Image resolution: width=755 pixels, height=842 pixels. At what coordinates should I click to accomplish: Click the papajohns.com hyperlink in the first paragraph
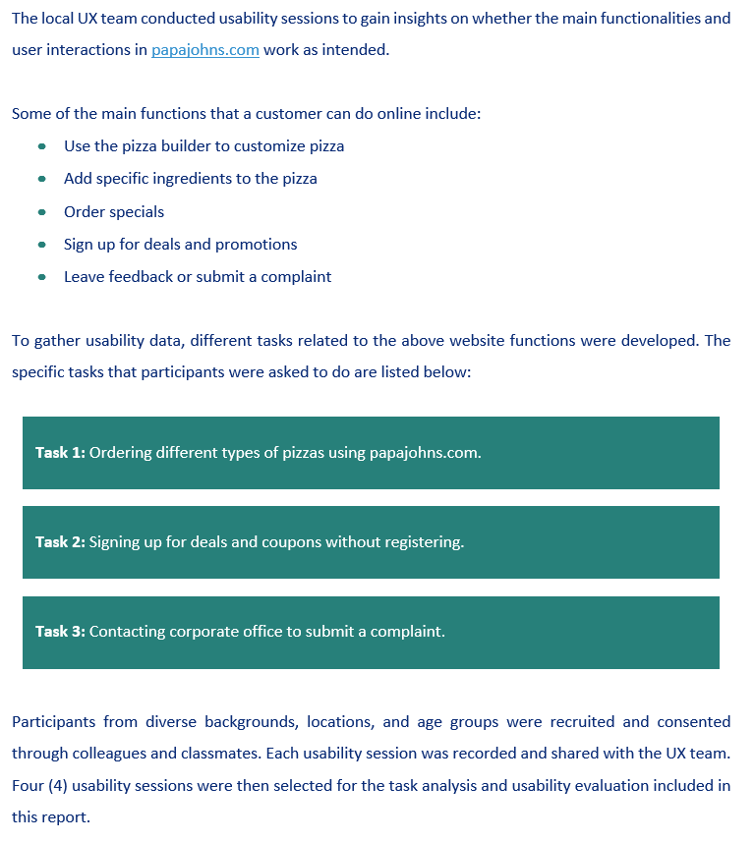(x=204, y=50)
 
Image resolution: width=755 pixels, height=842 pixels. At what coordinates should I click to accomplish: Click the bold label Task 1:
(x=60, y=453)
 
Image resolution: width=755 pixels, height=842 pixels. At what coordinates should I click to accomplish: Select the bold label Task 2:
(x=60, y=542)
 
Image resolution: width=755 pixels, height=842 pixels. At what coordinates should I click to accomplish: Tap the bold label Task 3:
(x=60, y=632)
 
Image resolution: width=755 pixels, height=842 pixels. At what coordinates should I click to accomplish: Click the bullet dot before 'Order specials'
(x=41, y=212)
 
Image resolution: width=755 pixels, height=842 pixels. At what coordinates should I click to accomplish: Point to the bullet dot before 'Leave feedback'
(x=41, y=277)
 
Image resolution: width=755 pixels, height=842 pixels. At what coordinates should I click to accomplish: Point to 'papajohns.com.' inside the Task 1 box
(x=426, y=453)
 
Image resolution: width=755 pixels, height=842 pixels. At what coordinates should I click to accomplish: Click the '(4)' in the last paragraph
(x=55, y=785)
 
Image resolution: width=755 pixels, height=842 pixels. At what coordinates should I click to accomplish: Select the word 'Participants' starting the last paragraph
(x=54, y=722)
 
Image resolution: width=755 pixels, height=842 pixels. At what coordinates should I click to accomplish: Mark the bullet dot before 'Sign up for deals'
(x=41, y=245)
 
